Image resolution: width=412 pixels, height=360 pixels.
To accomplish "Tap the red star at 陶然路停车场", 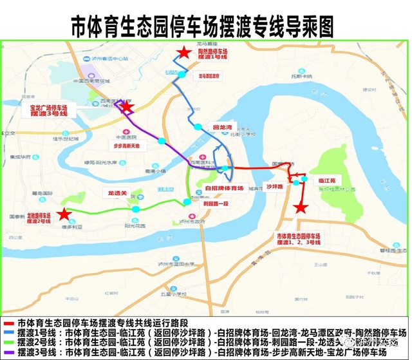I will point(185,53).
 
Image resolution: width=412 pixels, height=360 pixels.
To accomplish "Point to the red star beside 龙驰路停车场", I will point(63,214).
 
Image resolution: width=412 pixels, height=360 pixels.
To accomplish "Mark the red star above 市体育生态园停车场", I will point(299,207).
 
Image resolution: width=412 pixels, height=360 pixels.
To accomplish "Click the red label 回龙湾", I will point(221,128).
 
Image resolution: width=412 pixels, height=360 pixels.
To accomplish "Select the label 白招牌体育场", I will point(224,188).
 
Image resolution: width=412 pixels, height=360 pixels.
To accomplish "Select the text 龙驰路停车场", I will point(39,216).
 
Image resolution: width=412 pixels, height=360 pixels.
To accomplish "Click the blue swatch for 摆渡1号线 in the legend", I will point(8,332).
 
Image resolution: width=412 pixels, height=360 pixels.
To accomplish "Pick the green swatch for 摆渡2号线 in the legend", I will point(8,343).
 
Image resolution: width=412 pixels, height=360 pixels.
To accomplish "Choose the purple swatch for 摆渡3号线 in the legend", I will point(8,353).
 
